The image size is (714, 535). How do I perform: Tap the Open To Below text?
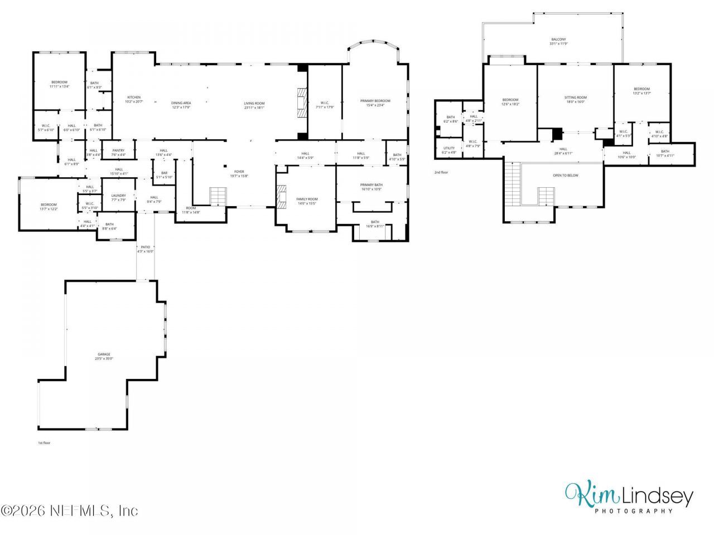[x=565, y=175]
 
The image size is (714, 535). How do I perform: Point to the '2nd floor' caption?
[x=441, y=172]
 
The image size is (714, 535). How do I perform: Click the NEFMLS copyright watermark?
[x=69, y=510]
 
